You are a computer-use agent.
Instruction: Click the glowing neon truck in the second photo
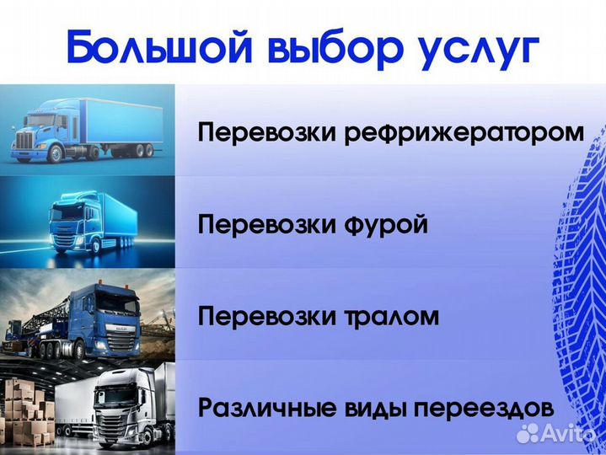click(x=84, y=223)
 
